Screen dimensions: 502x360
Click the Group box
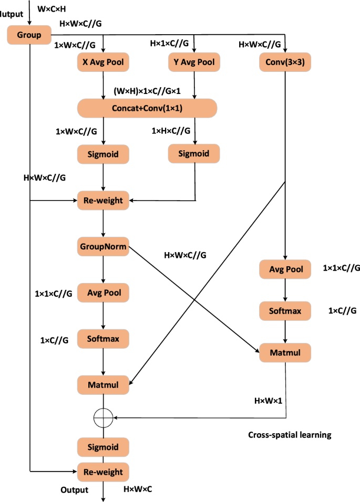(28, 35)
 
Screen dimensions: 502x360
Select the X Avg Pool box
(103, 62)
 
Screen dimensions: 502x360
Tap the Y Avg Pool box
(194, 62)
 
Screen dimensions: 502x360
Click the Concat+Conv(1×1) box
(147, 108)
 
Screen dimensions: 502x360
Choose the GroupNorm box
(103, 246)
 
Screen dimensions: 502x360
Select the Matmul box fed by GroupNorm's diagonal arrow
(285, 352)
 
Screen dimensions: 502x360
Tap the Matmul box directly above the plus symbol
(103, 385)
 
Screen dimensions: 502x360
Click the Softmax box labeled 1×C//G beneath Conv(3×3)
(285, 311)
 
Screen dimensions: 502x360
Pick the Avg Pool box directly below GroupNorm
(103, 292)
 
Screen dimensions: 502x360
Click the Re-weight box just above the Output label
(103, 472)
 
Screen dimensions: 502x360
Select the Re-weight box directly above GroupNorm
(103, 200)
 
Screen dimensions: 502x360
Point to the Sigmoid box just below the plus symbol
(103, 447)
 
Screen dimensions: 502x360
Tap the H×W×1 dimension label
(269, 401)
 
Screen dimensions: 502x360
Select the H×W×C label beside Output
(138, 489)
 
